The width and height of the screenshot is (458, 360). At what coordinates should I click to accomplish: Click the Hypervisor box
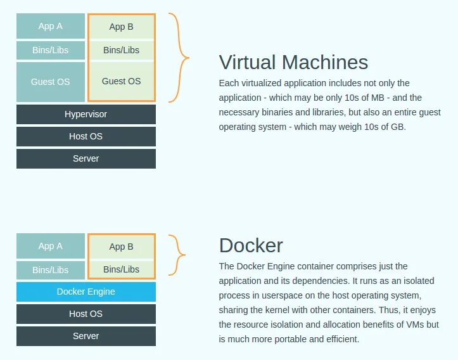pyautogui.click(x=86, y=114)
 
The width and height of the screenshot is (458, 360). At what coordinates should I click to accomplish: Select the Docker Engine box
pyautogui.click(x=86, y=292)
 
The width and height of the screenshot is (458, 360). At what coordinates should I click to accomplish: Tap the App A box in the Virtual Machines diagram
pyautogui.click(x=51, y=26)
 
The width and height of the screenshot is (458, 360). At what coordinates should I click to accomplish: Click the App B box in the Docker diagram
pyautogui.click(x=121, y=247)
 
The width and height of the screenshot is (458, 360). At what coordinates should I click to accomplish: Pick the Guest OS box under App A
pyautogui.click(x=51, y=82)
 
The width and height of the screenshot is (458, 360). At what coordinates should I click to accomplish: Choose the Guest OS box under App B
pyautogui.click(x=121, y=81)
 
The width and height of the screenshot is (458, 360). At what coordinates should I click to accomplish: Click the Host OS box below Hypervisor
pyautogui.click(x=86, y=136)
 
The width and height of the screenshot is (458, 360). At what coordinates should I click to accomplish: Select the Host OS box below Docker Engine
pyautogui.click(x=86, y=314)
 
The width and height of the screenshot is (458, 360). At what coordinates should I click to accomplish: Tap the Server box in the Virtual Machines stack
pyautogui.click(x=86, y=158)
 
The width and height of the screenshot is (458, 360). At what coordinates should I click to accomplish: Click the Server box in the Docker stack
pyautogui.click(x=86, y=336)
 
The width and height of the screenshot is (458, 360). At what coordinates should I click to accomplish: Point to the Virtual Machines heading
pyautogui.click(x=293, y=62)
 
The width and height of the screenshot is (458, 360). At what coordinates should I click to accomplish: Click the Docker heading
pyautogui.click(x=251, y=245)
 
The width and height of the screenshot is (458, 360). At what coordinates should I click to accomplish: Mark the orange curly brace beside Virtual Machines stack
pyautogui.click(x=181, y=58)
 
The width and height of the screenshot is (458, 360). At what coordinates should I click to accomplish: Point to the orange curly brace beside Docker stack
pyautogui.click(x=178, y=255)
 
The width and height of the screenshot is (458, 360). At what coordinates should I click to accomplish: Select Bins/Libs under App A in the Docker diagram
pyautogui.click(x=51, y=269)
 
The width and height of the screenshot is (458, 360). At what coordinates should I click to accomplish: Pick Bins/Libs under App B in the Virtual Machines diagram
pyautogui.click(x=121, y=50)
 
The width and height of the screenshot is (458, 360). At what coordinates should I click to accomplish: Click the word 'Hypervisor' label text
pyautogui.click(x=86, y=114)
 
